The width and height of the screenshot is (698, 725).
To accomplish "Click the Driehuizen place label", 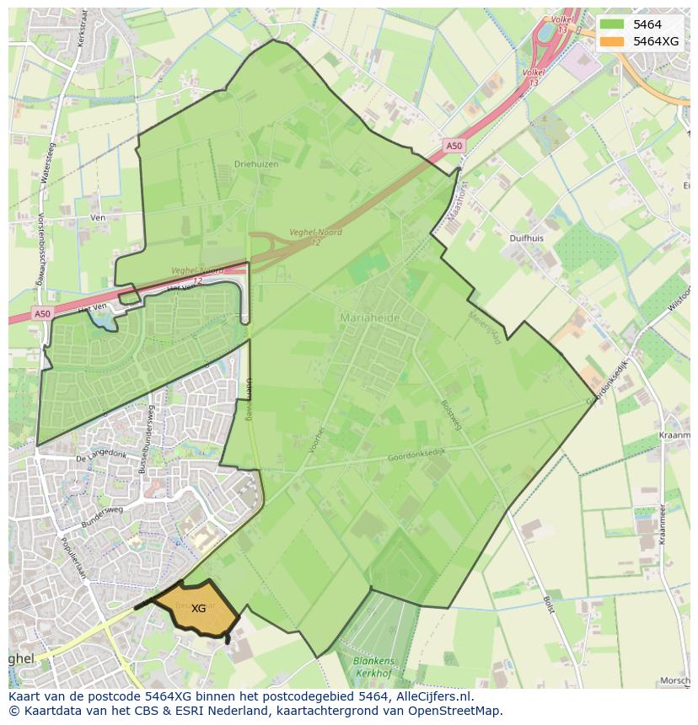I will click(256, 164).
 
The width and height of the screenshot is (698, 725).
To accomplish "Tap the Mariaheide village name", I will click(370, 317).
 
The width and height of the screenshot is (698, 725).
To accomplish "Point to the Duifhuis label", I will click(527, 238).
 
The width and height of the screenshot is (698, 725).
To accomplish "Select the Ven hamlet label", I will click(97, 217).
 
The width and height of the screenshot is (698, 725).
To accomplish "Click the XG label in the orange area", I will click(198, 608).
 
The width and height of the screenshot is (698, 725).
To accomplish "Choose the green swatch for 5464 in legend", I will click(613, 24).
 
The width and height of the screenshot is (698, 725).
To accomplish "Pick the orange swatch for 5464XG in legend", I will click(613, 41).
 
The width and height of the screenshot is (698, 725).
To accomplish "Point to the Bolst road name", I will click(548, 605).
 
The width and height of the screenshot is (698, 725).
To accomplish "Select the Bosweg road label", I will click(451, 415).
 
